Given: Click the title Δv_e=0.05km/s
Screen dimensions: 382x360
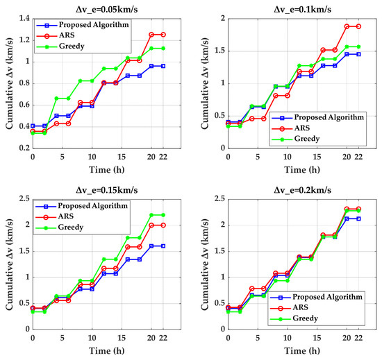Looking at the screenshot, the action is tap(107, 10).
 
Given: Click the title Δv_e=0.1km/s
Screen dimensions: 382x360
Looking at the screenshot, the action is tap(302, 10).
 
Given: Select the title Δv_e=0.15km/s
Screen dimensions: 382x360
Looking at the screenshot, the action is tap(107, 190).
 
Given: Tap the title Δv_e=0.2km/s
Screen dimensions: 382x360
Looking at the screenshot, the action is tap(302, 190).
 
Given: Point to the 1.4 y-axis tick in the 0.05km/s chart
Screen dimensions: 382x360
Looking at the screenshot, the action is tap(24, 19).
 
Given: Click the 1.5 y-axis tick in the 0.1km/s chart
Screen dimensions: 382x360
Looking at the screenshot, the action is tap(219, 51).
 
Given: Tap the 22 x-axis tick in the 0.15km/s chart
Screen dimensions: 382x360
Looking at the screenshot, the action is tap(163, 338).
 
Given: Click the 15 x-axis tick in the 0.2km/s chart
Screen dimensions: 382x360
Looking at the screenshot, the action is tap(317, 338).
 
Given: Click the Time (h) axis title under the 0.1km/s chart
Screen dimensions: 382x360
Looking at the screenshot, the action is tap(302, 170).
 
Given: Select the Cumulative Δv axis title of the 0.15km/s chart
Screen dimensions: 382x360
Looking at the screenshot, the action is tap(9, 264).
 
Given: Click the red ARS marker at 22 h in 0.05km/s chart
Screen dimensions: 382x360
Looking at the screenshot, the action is tap(163, 35).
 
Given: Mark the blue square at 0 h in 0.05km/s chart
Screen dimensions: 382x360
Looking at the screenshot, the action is tap(33, 126).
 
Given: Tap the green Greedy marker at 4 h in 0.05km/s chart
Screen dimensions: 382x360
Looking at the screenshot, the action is tap(56, 98).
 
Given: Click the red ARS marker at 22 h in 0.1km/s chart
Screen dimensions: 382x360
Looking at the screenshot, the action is tap(358, 26).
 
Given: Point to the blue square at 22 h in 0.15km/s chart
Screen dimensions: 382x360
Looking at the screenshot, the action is tap(163, 246).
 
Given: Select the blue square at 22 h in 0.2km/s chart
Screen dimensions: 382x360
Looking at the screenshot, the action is tap(358, 218).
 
